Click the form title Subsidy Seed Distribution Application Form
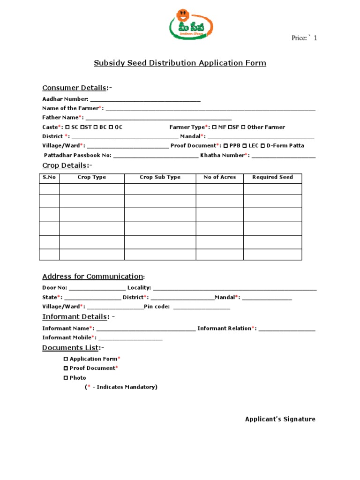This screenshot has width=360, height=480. pos(180,63)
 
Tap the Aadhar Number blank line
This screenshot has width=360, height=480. pos(145,99)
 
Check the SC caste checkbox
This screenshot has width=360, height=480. pos(67,127)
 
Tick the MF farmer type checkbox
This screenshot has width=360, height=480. pos(214,127)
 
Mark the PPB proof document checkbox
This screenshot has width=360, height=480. pos(225,146)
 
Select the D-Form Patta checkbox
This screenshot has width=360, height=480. pos(262,146)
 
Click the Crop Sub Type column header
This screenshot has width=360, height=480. pos(160,177)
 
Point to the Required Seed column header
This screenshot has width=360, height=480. pos(272,177)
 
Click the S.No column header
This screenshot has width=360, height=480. pos(49,177)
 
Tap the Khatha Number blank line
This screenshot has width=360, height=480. pos(283,156)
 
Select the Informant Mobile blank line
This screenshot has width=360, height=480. pos(130,338)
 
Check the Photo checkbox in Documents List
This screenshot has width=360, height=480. pos(66,378)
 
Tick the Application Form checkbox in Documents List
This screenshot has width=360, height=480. pos(66,359)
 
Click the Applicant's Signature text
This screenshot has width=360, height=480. pos(280,419)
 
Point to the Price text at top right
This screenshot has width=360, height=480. pos(304,38)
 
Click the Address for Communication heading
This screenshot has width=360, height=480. pos(93,276)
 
